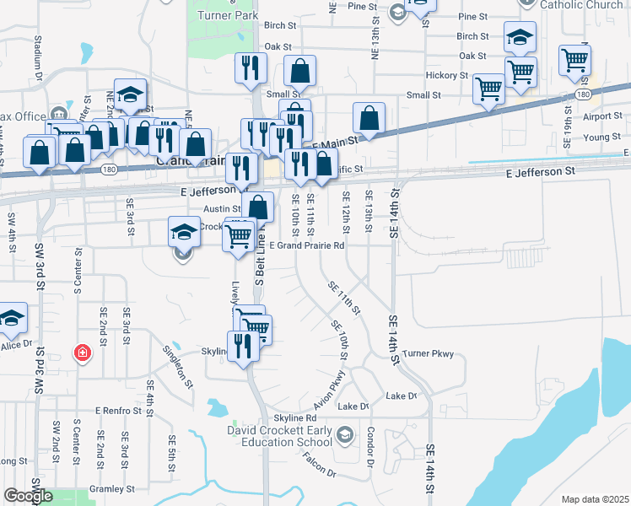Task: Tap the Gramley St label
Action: [x=112, y=489]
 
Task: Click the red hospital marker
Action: [x=82, y=352]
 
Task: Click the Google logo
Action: [x=28, y=496]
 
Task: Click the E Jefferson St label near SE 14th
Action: [x=540, y=172]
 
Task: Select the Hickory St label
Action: [x=447, y=75]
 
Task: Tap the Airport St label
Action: [x=601, y=117]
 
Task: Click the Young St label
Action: [x=601, y=137]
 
